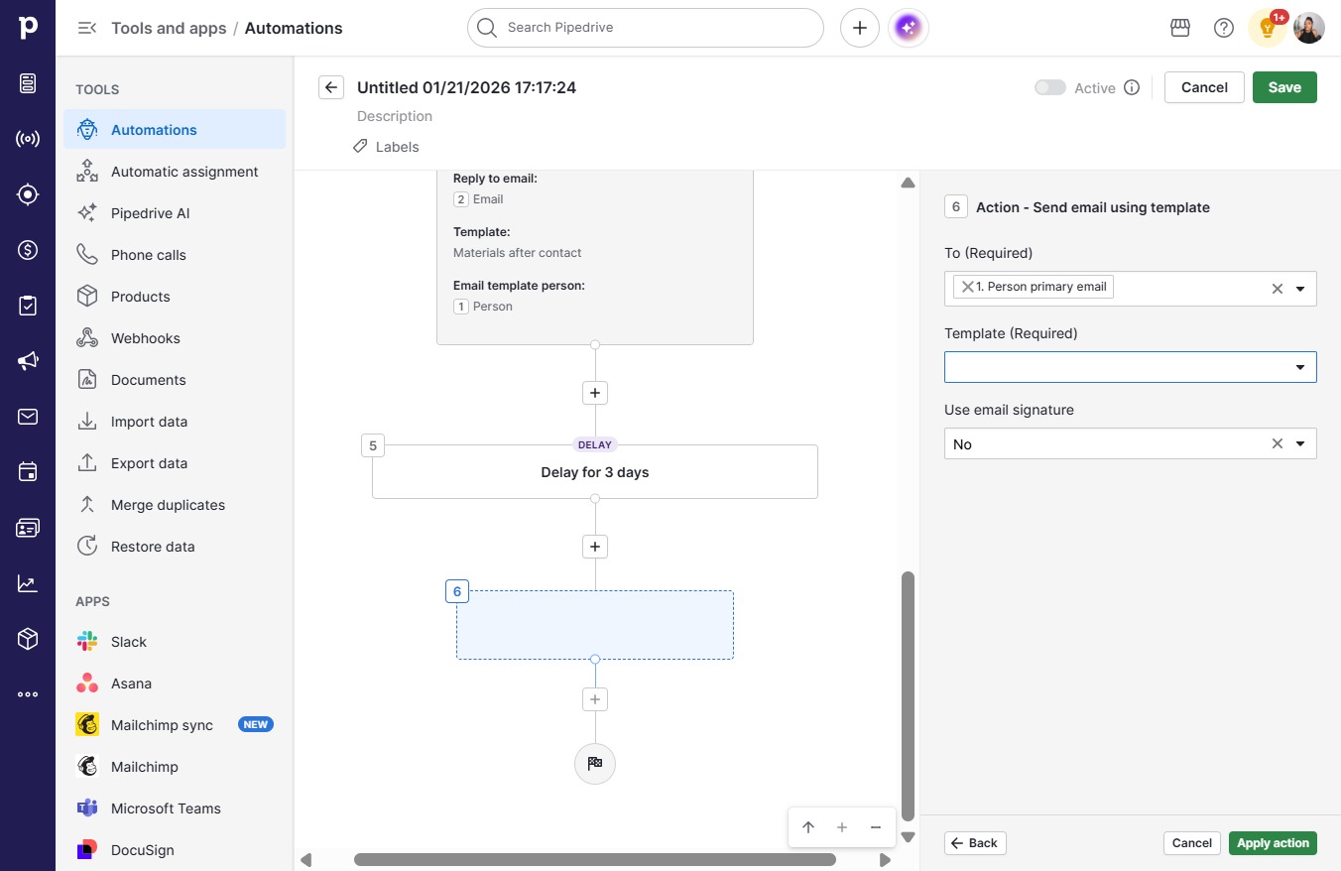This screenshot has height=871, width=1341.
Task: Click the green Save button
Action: pyautogui.click(x=1284, y=87)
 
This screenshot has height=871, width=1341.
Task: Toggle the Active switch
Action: pyautogui.click(x=1049, y=87)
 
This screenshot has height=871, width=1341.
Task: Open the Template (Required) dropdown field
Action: pyautogui.click(x=1130, y=367)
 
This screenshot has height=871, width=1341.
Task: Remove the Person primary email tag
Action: pyautogui.click(x=967, y=287)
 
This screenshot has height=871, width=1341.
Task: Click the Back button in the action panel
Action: pyautogui.click(x=975, y=843)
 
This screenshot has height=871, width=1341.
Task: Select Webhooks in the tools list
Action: pyautogui.click(x=145, y=338)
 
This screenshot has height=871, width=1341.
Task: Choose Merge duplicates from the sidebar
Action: pyautogui.click(x=168, y=505)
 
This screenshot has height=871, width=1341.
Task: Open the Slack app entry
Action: pyautogui.click(x=128, y=642)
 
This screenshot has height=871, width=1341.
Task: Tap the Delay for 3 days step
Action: pyautogui.click(x=594, y=472)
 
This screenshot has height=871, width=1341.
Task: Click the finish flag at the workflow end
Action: pyautogui.click(x=594, y=763)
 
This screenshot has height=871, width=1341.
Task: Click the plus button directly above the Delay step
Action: pyautogui.click(x=594, y=393)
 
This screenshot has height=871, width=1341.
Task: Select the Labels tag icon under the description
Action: pyautogui.click(x=360, y=146)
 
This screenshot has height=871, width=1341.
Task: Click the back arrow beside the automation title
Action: pyautogui.click(x=331, y=87)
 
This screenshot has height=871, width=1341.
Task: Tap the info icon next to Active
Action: pyautogui.click(x=1131, y=87)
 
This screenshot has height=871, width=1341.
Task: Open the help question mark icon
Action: pyautogui.click(x=1223, y=28)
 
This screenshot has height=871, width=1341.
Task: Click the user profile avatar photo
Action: pyautogui.click(x=1308, y=28)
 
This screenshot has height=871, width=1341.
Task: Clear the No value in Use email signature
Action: pyautogui.click(x=1277, y=443)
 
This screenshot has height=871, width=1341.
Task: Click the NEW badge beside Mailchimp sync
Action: pyautogui.click(x=256, y=724)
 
